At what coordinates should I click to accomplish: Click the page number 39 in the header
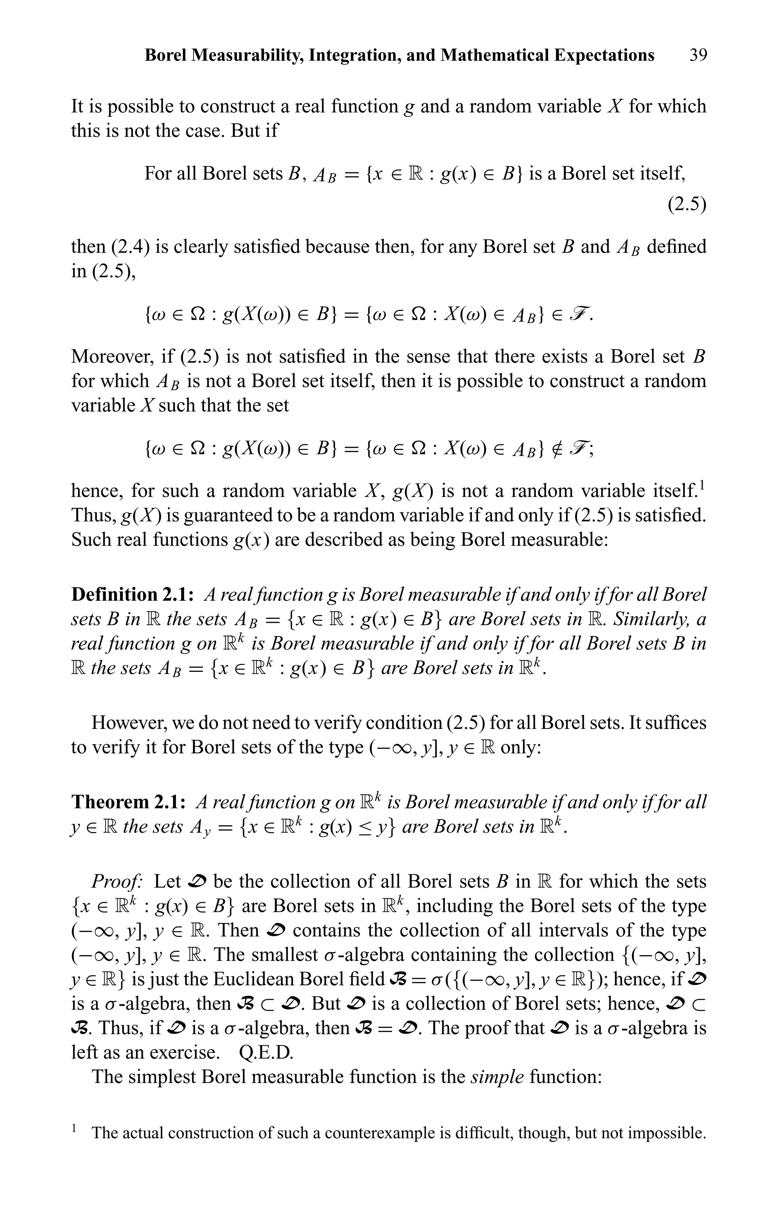[x=698, y=55]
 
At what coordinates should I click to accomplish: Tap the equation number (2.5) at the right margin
[x=687, y=204]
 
